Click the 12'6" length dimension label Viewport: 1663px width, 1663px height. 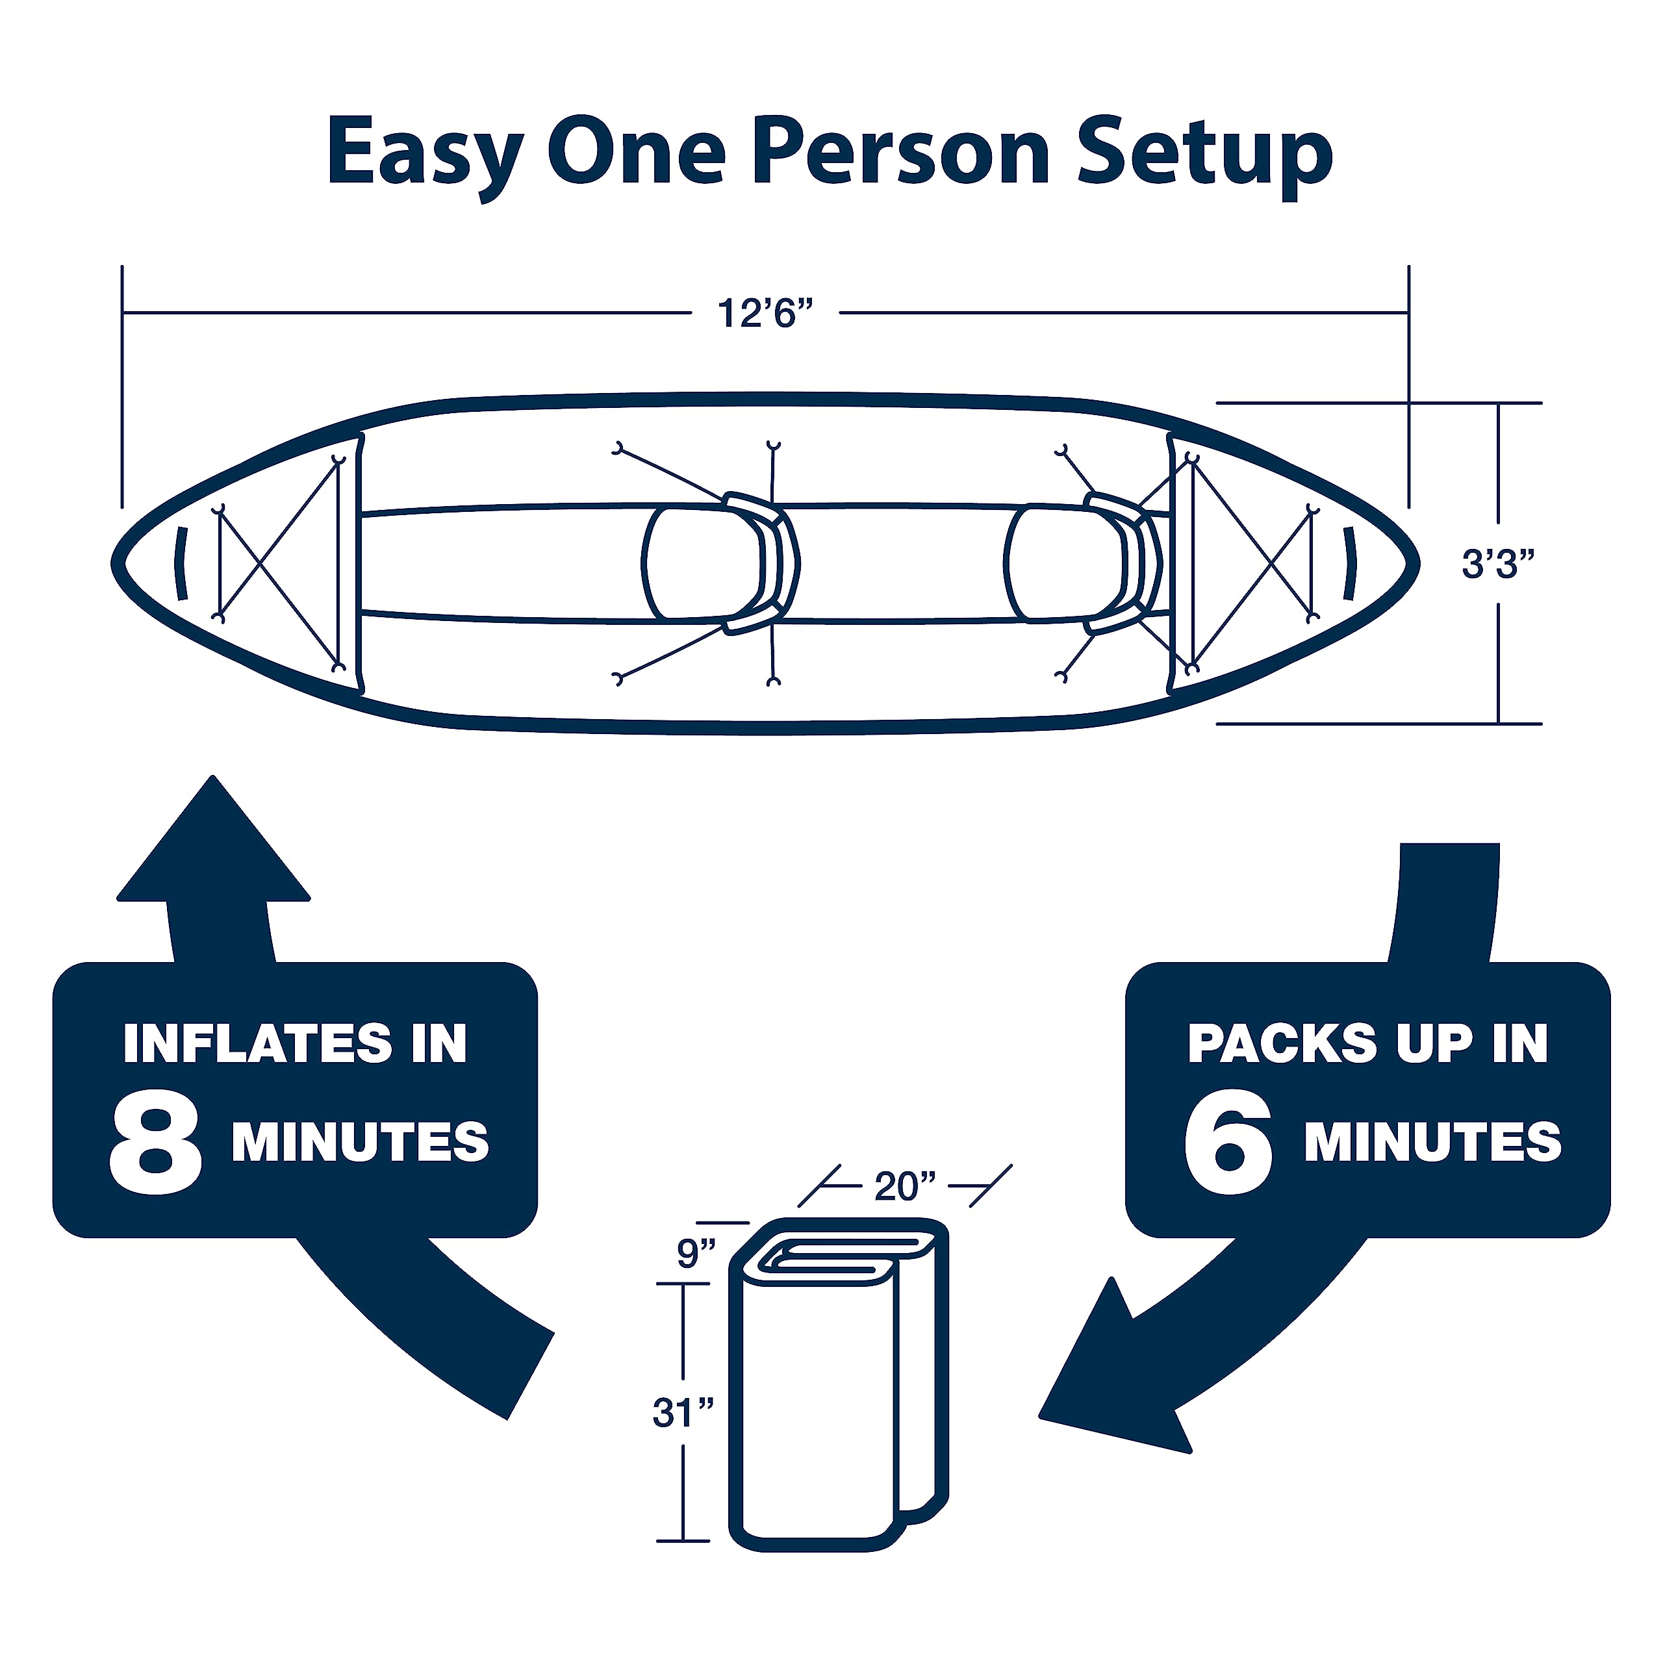coord(765,313)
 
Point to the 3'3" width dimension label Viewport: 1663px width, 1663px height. coord(1498,565)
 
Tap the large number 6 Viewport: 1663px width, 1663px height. coord(1228,1145)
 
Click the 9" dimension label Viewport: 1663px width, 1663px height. coord(696,1253)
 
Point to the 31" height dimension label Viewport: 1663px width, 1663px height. coord(683,1412)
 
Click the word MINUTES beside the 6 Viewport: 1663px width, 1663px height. coord(1432,1141)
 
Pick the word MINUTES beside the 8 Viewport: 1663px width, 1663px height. coord(360,1141)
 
